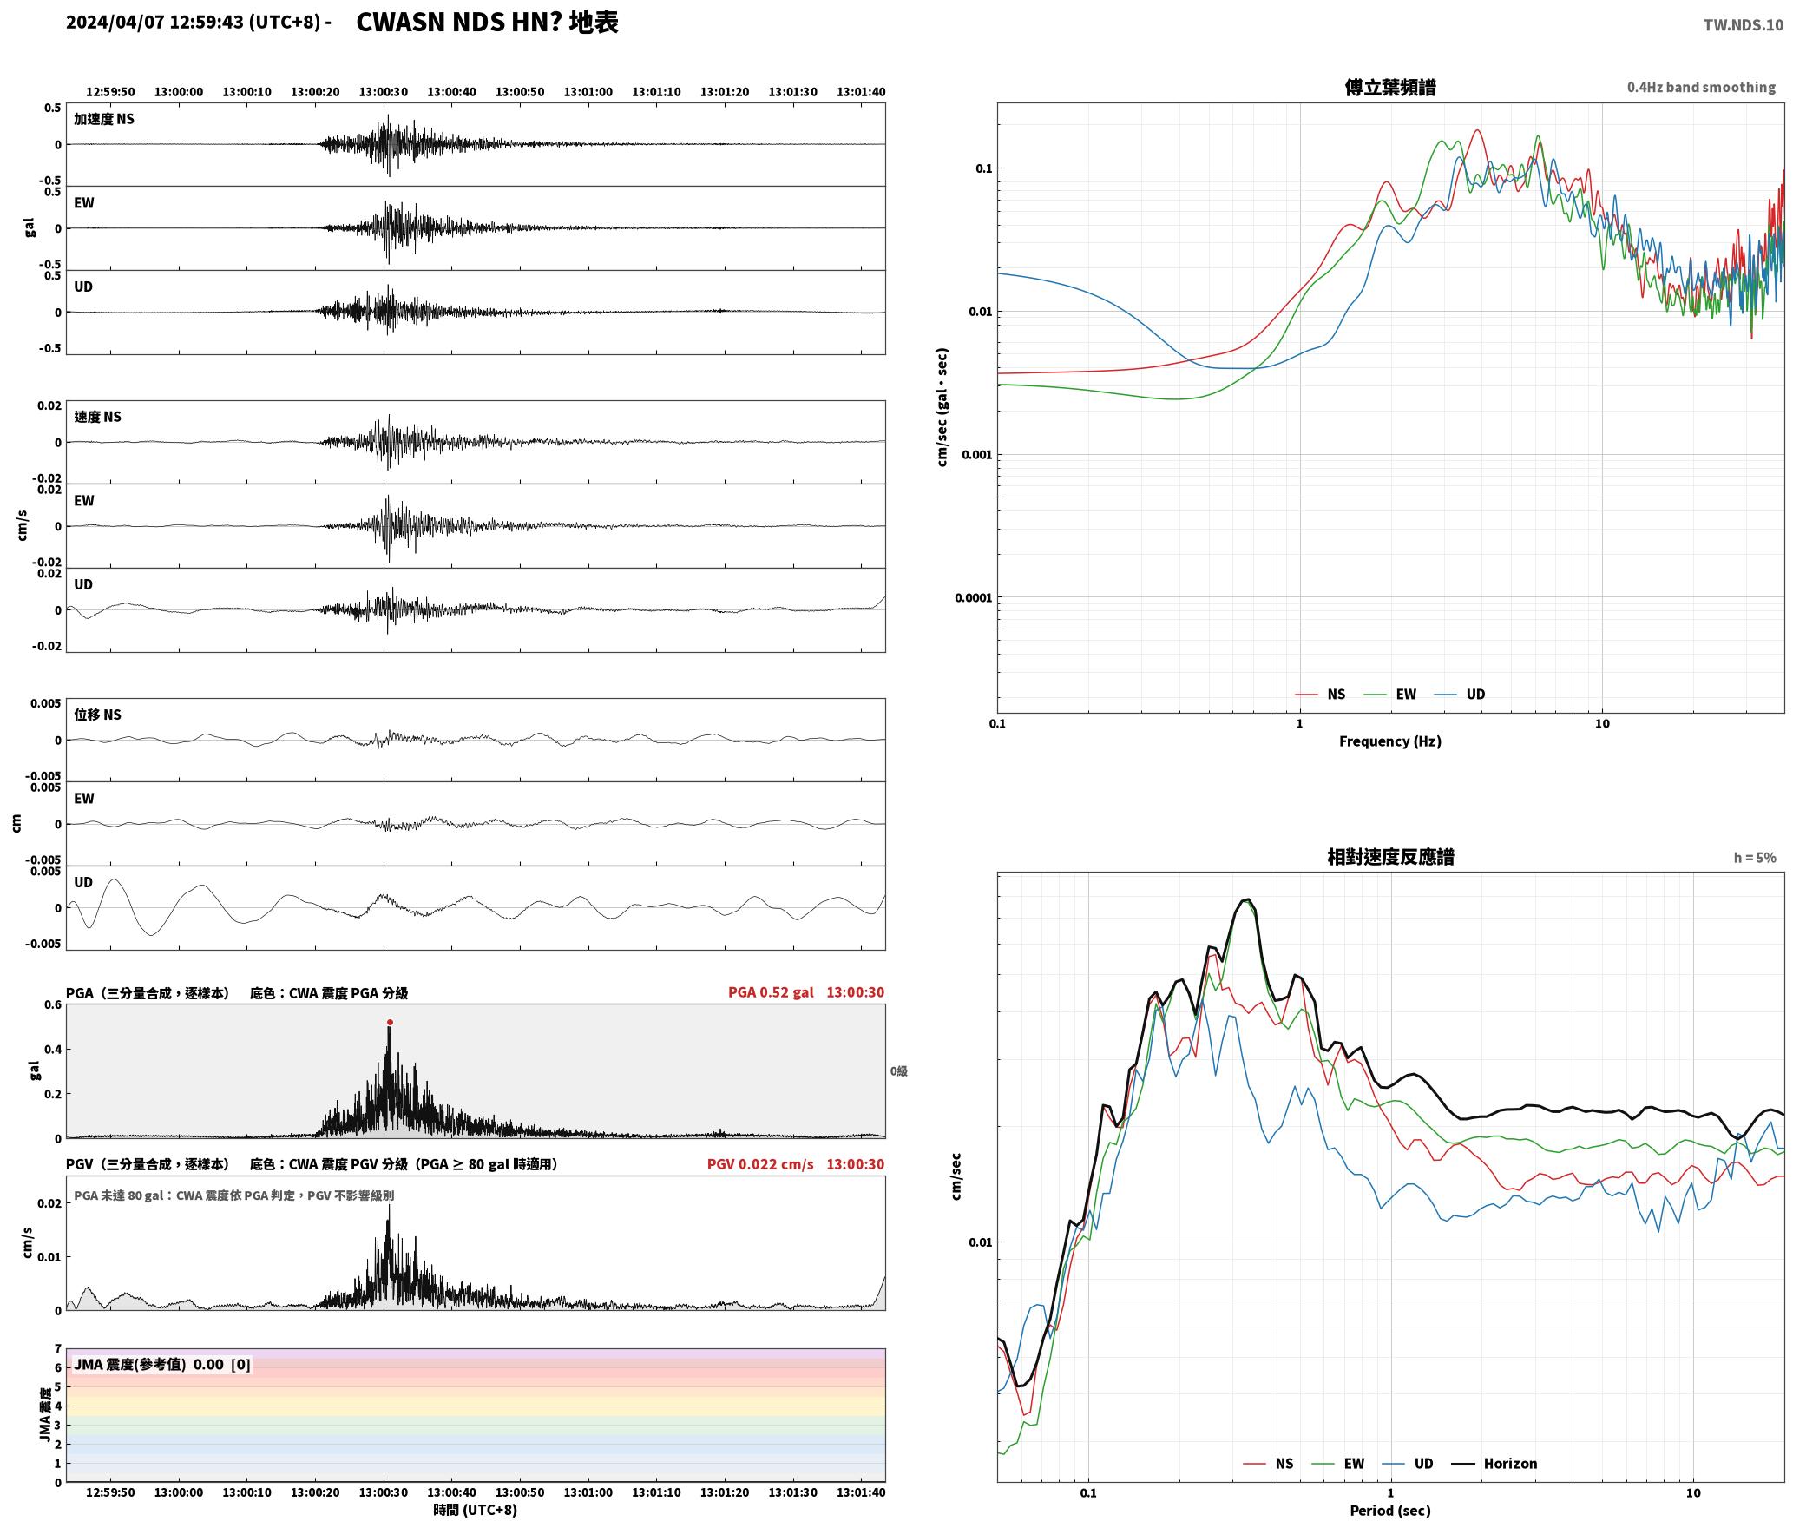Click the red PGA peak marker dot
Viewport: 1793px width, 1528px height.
point(390,1022)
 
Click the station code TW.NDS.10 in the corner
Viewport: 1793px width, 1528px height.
point(1743,25)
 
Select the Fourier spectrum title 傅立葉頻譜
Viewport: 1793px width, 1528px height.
point(1389,87)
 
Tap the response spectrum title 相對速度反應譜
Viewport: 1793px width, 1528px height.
point(1390,857)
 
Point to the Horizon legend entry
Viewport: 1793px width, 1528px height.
point(1494,1464)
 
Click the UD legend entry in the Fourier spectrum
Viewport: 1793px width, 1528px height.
point(1459,695)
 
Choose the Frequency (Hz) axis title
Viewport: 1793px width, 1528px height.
point(1389,741)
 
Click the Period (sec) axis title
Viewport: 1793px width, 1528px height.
point(1389,1511)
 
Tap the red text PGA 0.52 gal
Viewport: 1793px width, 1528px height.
point(771,992)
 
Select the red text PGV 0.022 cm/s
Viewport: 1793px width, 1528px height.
point(760,1164)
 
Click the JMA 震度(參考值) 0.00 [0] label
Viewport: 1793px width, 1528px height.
point(162,1365)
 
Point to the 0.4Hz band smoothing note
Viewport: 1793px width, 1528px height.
point(1701,88)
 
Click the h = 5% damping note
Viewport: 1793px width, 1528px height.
point(1755,858)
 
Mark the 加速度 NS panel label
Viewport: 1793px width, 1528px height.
point(104,119)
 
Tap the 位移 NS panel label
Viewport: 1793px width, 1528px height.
point(97,715)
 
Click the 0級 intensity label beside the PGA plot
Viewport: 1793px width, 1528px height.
point(898,1071)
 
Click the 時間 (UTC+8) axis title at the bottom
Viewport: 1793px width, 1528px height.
point(476,1511)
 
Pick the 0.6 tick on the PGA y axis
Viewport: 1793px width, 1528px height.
point(53,1005)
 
